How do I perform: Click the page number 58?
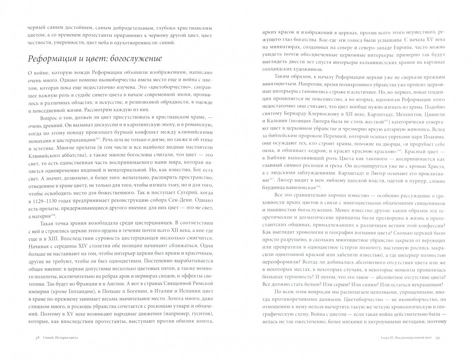(38, 338)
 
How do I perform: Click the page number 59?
(437, 338)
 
